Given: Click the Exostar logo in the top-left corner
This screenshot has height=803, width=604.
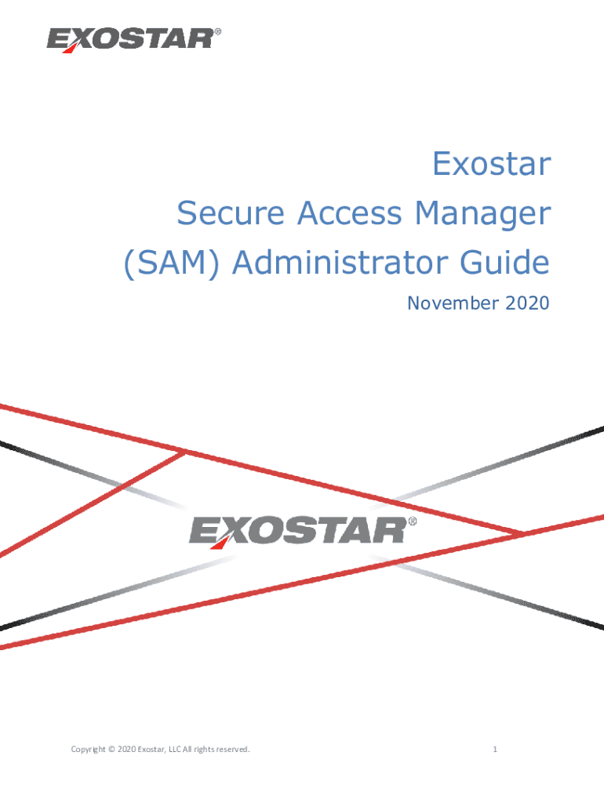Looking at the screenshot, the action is click(x=134, y=40).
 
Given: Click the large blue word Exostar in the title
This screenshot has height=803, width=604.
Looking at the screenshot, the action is click(x=492, y=164).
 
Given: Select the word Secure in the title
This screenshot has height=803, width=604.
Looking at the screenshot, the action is click(x=231, y=213).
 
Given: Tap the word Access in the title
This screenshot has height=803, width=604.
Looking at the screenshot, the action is click(x=350, y=213).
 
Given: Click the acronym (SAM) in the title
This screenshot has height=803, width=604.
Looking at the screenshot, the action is click(x=172, y=263).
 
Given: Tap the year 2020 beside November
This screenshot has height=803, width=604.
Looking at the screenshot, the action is click(x=527, y=303).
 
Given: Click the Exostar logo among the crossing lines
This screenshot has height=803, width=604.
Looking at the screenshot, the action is click(x=303, y=532).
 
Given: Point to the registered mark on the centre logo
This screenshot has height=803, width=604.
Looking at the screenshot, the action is click(x=413, y=521).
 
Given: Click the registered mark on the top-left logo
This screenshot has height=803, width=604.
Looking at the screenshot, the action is click(x=218, y=31).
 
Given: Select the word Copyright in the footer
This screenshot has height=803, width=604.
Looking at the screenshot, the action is click(x=88, y=750).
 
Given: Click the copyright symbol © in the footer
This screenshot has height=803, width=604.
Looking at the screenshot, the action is click(x=111, y=749).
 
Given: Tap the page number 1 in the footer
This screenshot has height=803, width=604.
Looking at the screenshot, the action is click(x=495, y=749).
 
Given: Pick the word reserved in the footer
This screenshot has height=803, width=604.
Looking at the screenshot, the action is click(x=233, y=749).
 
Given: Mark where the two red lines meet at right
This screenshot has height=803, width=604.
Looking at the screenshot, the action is click(x=519, y=533).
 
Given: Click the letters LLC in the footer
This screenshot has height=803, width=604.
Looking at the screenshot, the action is click(x=175, y=749).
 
